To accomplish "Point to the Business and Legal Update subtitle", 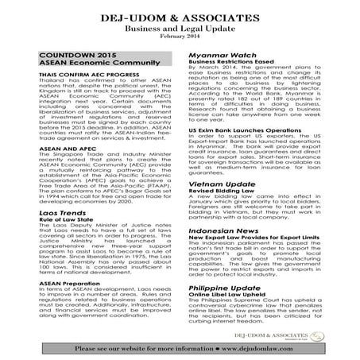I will point(180,25).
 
